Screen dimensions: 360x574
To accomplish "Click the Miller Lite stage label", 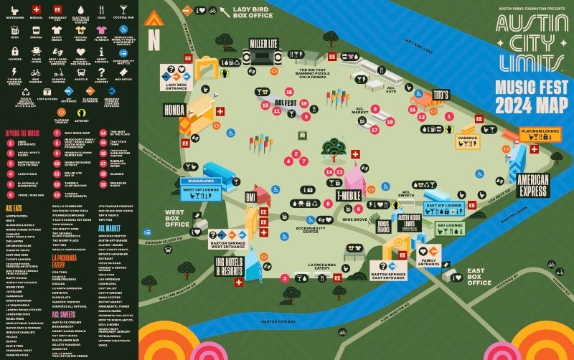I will (264, 44).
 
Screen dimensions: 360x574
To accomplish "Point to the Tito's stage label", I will (440, 95).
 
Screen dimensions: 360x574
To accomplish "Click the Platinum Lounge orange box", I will (540, 133).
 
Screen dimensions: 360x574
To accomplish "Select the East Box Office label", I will (479, 276).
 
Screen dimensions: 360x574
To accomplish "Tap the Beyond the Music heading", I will (26, 133).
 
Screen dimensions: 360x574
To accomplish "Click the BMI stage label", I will (251, 196).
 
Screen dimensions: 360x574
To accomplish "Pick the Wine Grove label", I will (354, 219).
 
